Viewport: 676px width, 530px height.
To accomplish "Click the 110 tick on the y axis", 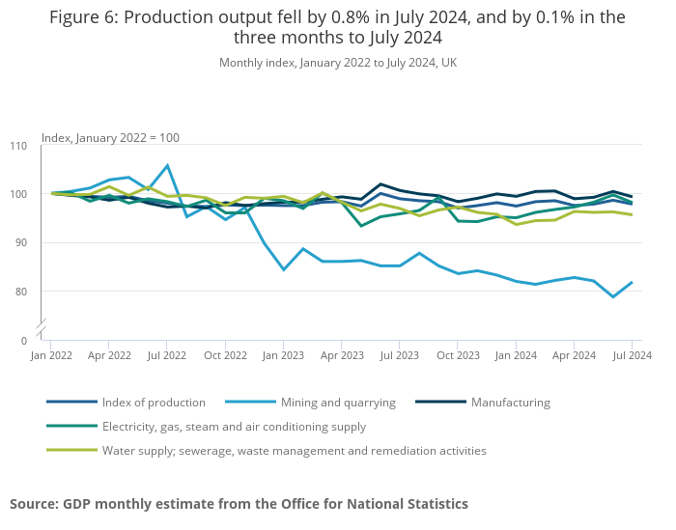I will tap(18, 146).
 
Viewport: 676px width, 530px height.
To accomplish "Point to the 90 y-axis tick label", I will tap(21, 243).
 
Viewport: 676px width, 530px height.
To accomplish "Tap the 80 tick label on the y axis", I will tap(21, 292).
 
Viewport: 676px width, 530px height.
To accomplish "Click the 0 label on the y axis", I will tap(24, 341).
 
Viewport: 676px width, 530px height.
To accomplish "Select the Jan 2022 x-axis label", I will tap(51, 355).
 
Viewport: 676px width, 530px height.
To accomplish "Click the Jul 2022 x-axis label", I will tap(167, 355).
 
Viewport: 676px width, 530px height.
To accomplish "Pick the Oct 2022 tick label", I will tap(225, 355).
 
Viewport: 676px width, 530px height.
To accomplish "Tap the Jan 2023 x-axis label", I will tap(284, 355).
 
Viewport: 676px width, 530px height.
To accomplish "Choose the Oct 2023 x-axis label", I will tap(458, 355).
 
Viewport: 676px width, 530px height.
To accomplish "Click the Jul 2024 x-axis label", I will tap(632, 355).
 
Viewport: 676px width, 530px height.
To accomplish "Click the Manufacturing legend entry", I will tap(510, 403).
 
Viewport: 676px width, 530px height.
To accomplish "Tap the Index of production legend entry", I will tap(154, 403).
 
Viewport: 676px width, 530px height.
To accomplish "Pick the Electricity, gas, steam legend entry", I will tap(234, 427).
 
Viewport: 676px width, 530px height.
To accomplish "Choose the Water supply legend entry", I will tap(294, 451).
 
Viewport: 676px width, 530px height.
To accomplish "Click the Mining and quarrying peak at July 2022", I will tap(167, 165).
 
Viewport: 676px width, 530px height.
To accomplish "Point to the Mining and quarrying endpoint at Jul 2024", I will tap(632, 282).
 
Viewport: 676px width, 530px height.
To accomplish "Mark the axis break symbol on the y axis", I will tap(42, 331).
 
